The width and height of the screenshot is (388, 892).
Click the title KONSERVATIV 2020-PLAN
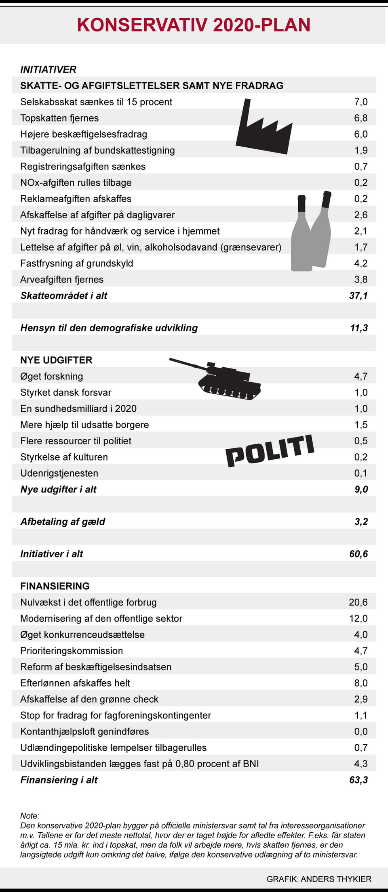tap(194, 25)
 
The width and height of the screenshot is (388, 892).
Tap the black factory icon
tap(263, 131)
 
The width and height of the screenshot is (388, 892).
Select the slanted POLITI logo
tap(270, 451)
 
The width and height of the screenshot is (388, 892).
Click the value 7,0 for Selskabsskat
tap(361, 102)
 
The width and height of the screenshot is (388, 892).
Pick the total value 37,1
tap(358, 295)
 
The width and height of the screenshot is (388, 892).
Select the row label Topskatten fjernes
tap(59, 118)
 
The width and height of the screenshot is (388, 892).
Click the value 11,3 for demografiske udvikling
tap(358, 328)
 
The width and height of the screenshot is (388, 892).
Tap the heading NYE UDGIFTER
tap(56, 360)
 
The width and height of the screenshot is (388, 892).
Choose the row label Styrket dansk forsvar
tap(65, 392)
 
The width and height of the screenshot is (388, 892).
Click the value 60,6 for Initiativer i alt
tap(358, 554)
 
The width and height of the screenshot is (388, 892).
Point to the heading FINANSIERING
tap(55, 586)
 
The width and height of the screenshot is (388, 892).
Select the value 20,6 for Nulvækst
tap(358, 602)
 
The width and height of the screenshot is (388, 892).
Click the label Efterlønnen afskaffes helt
tap(75, 683)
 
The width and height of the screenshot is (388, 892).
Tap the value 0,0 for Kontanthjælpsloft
tap(361, 731)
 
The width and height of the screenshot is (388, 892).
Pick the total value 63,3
tap(358, 780)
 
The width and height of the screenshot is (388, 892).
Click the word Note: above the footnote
tap(30, 816)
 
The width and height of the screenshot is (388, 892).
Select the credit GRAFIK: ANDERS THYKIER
tap(319, 879)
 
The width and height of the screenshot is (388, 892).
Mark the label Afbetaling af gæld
tap(63, 521)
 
